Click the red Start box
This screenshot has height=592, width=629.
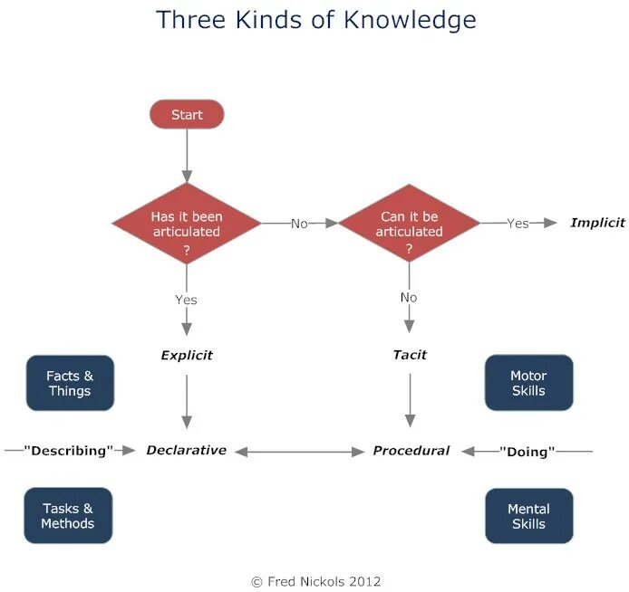point(187,115)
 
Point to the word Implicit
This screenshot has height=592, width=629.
point(597,223)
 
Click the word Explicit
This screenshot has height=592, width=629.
point(187,355)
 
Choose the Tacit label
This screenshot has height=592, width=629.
point(410,355)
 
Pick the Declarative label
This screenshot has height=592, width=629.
point(187,450)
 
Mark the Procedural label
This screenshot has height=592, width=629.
point(411,450)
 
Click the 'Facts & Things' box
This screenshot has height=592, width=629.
point(70,383)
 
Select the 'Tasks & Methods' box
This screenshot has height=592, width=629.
point(68,516)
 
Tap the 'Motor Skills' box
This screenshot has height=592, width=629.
point(528,383)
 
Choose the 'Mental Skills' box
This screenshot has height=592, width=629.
point(528,516)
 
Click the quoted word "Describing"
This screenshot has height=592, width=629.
point(68,451)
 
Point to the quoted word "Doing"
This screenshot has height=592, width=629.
point(527,451)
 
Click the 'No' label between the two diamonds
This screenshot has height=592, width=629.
point(299,224)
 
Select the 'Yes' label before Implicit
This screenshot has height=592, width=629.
point(518,224)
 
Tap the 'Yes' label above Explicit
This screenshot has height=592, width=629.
point(187,300)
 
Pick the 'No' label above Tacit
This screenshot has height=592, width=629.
point(410,297)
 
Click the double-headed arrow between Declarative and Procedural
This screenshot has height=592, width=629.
point(299,451)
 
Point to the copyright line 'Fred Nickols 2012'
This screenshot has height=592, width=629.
point(316,581)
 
